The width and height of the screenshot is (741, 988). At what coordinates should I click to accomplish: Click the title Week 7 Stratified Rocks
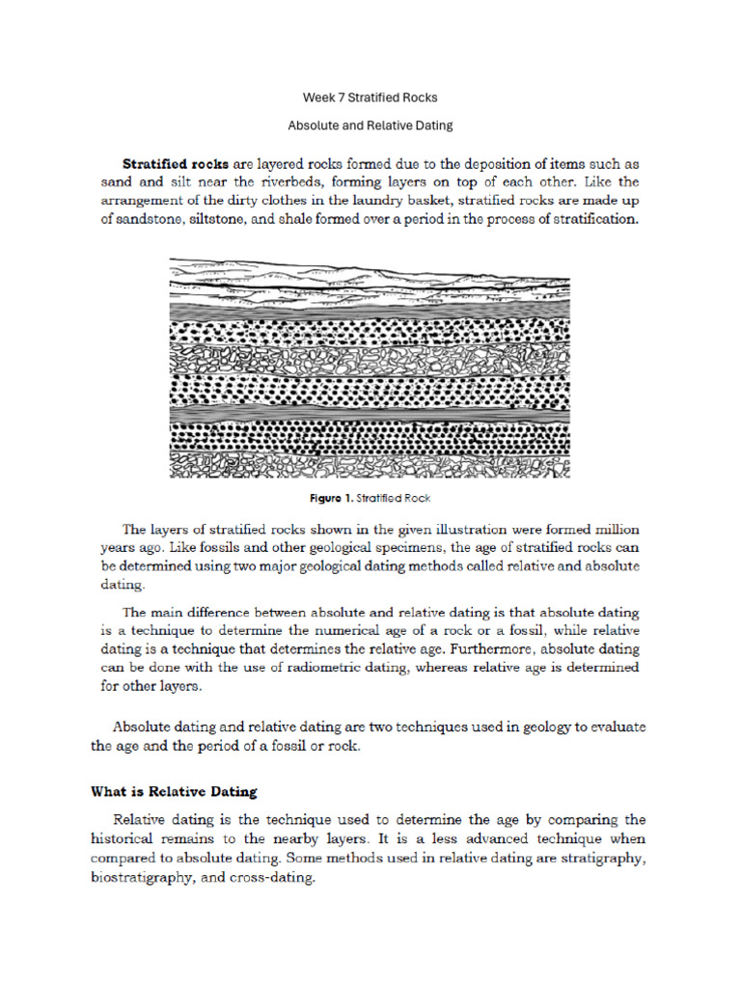[370, 97]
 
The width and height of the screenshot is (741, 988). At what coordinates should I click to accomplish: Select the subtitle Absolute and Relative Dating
[370, 125]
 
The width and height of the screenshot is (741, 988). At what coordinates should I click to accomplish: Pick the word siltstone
[232, 219]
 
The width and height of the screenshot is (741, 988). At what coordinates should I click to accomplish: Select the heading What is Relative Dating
[175, 792]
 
